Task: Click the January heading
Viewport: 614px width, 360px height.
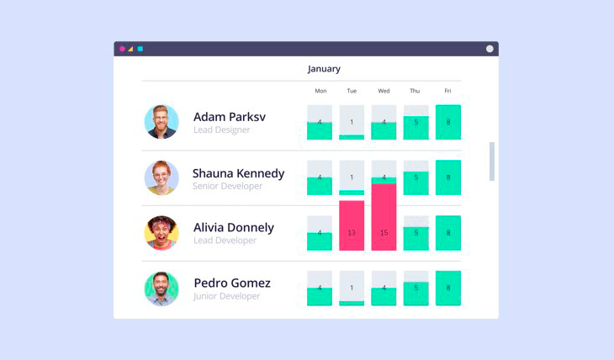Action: [x=324, y=69]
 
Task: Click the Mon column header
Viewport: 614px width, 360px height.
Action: [x=320, y=91]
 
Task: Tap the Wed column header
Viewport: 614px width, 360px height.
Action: [x=384, y=91]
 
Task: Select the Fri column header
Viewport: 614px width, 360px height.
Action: [x=447, y=91]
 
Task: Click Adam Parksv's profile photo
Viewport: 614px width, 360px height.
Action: [x=161, y=122]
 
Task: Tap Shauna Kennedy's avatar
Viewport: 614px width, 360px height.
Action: [x=161, y=177]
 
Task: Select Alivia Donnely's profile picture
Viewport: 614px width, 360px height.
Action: [x=161, y=233]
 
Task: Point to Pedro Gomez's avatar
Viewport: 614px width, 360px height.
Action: [x=161, y=289]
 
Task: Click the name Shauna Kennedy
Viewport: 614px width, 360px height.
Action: [x=238, y=173]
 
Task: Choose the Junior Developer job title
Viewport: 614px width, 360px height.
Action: [x=227, y=296]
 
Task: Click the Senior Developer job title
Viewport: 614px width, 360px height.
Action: [x=227, y=186]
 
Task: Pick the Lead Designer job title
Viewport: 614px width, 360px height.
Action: [x=222, y=130]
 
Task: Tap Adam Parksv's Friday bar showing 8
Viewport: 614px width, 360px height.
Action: [x=447, y=122]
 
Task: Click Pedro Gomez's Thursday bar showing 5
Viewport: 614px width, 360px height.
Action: [x=416, y=294]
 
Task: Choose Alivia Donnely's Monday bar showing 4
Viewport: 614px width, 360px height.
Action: [x=320, y=241]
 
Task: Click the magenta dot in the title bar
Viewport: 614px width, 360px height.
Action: [x=122, y=49]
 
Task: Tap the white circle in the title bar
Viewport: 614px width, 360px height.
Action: [x=490, y=49]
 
